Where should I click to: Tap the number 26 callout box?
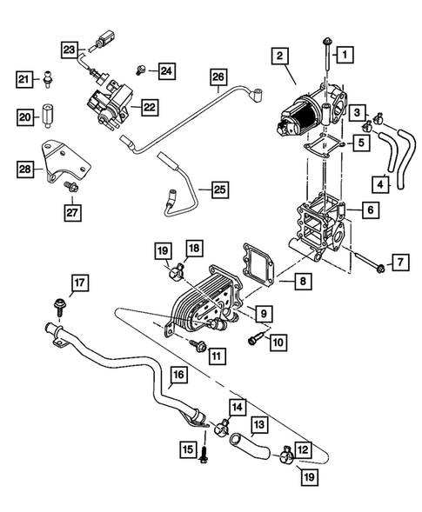click(x=218, y=79)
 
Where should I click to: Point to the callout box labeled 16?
click(x=178, y=376)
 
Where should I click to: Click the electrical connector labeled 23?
click(x=107, y=39)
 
